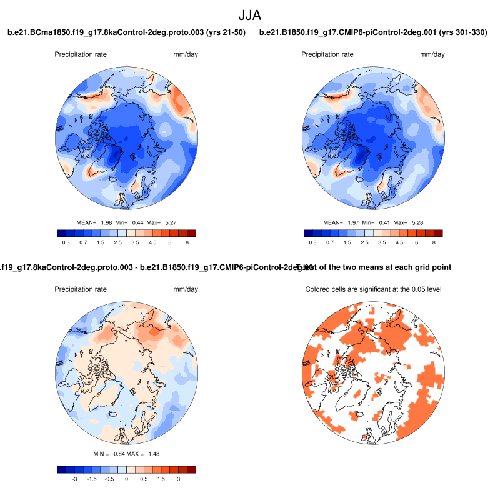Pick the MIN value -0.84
point(120,453)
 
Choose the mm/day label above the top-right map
point(432,54)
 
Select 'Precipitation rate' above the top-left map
point(81,54)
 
